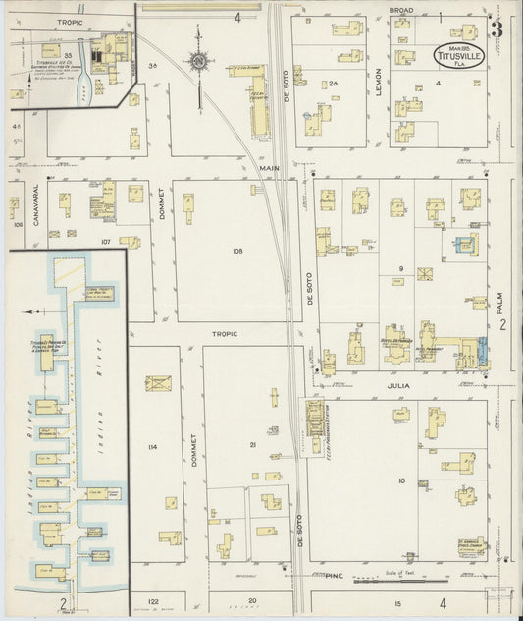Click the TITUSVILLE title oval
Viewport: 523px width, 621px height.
pos(459,56)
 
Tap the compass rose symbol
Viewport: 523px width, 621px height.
pos(200,62)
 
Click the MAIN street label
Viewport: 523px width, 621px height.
pos(269,168)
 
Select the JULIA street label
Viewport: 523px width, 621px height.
pos(399,386)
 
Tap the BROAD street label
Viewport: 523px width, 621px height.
pos(401,9)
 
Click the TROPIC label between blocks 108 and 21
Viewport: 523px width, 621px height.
pos(227,334)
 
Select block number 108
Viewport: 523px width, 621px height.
pos(236,252)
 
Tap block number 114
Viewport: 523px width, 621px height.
pos(151,447)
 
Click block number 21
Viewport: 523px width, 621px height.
pos(252,445)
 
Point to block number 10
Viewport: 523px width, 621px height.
pos(401,480)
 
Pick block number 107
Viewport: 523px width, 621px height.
pos(106,241)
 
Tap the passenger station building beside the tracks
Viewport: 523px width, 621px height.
pos(316,418)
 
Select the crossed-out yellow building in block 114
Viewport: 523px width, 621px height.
pos(158,382)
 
